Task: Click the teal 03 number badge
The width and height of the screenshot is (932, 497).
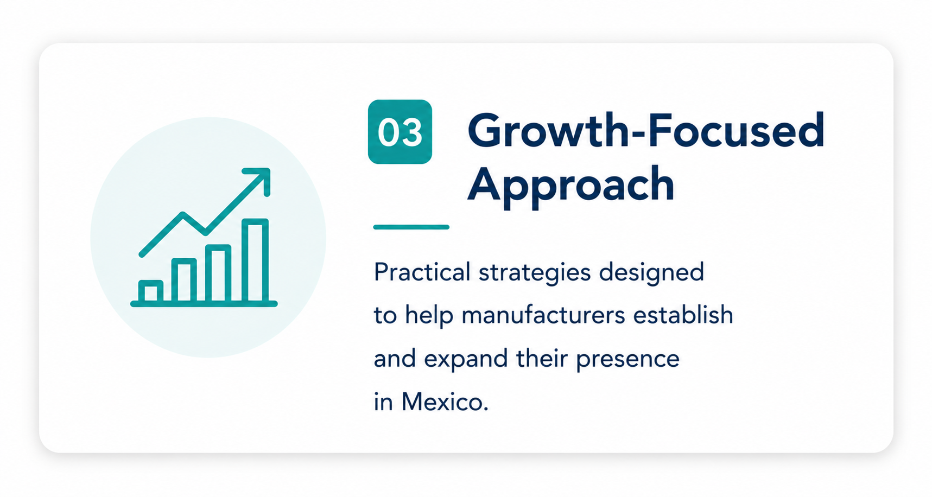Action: tap(400, 132)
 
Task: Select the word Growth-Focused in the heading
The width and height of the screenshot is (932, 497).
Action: tap(646, 131)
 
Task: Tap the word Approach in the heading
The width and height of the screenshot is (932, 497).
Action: tap(570, 186)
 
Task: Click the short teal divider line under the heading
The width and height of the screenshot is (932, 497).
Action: tap(411, 227)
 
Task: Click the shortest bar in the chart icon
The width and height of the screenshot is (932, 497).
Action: tap(151, 291)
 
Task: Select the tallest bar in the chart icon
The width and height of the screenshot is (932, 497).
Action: tap(255, 260)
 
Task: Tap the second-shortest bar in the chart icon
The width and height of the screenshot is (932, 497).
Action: tap(184, 280)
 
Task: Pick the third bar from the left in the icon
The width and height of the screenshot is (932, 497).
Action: tap(218, 273)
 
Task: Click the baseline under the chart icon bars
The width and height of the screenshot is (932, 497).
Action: tap(204, 304)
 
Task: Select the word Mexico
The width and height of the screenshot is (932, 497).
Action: tap(445, 402)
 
